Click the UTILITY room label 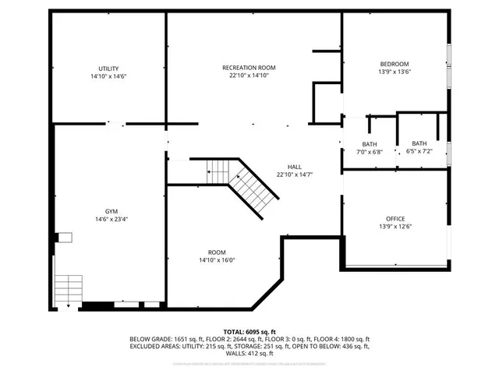[108, 69]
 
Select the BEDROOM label [394, 64]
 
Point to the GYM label [112, 211]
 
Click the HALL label [294, 167]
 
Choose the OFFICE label [395, 218]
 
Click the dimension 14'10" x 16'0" [217, 261]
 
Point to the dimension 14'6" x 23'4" [112, 220]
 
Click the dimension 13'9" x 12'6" [395, 227]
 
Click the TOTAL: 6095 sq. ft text [249, 332]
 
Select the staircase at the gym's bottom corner [68, 288]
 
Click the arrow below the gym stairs [68, 305]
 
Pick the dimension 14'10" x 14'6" [108, 76]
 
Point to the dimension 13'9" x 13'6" [394, 72]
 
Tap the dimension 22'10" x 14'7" [294, 175]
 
